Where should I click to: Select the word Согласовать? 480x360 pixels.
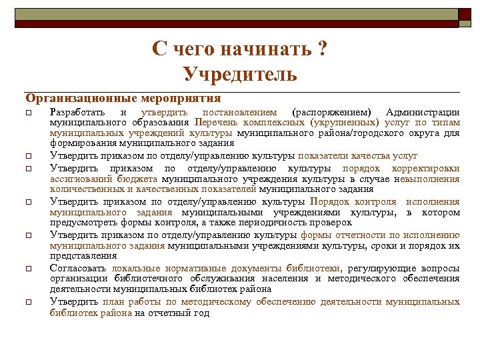point(75,268)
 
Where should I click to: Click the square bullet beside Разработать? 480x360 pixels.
point(28,113)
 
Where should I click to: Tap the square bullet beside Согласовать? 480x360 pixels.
point(28,269)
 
